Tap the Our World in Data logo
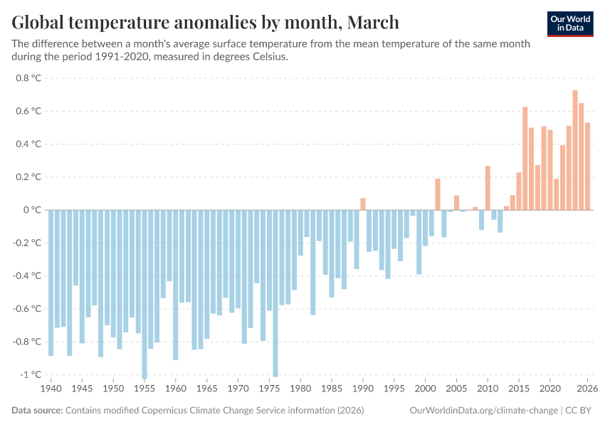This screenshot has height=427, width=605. [570, 23]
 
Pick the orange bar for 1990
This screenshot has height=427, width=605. [363, 204]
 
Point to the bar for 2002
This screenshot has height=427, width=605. [438, 194]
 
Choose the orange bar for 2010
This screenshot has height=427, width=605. [488, 188]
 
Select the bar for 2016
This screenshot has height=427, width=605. [525, 159]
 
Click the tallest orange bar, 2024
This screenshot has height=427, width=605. [575, 150]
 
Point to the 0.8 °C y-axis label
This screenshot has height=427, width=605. [28, 78]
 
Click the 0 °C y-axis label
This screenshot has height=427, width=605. [32, 210]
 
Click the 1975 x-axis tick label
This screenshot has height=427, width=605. [269, 389]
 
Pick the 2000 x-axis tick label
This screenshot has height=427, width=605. [425, 389]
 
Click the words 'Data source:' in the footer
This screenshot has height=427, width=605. [37, 411]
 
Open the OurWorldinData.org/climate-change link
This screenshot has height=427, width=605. [484, 411]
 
